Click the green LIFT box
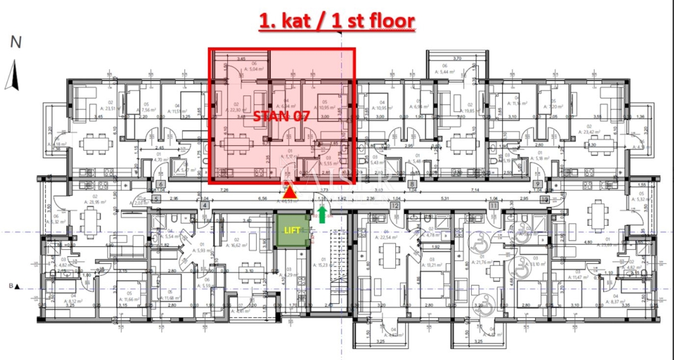pyautogui.click(x=292, y=230)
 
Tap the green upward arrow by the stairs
pyautogui.click(x=321, y=213)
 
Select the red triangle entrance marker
pyautogui.click(x=289, y=192)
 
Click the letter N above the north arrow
pyautogui.click(x=16, y=42)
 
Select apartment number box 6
pyautogui.click(x=161, y=184)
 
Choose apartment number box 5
pyautogui.click(x=156, y=198)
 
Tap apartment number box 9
pyautogui.click(x=538, y=184)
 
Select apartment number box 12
pyautogui.click(x=395, y=206)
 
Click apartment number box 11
pyautogui.click(x=494, y=206)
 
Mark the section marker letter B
pyautogui.click(x=11, y=286)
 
